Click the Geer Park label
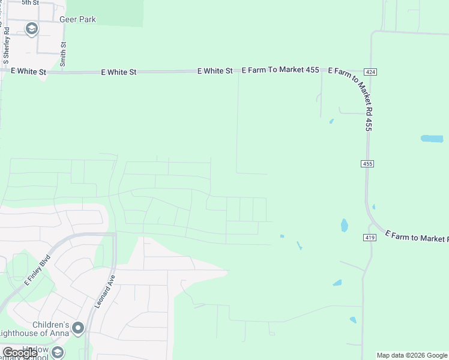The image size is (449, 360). pos(78,19)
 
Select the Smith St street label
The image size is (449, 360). pos(64,53)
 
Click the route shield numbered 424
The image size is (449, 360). pos(370,72)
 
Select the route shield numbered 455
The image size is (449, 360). pos(368,164)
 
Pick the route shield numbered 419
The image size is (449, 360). pos(369,238)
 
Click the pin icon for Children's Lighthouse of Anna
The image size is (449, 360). pos(78,328)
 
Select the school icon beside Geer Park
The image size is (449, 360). pos(31,28)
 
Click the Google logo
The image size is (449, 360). pos(20,353)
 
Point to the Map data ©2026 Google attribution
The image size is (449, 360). pos(412,355)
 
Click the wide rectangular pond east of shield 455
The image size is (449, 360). pos(432,139)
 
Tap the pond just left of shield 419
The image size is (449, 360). pos(345,226)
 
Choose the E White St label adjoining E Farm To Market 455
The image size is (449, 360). pos(215,71)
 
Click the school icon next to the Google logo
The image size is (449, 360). pos(58,352)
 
